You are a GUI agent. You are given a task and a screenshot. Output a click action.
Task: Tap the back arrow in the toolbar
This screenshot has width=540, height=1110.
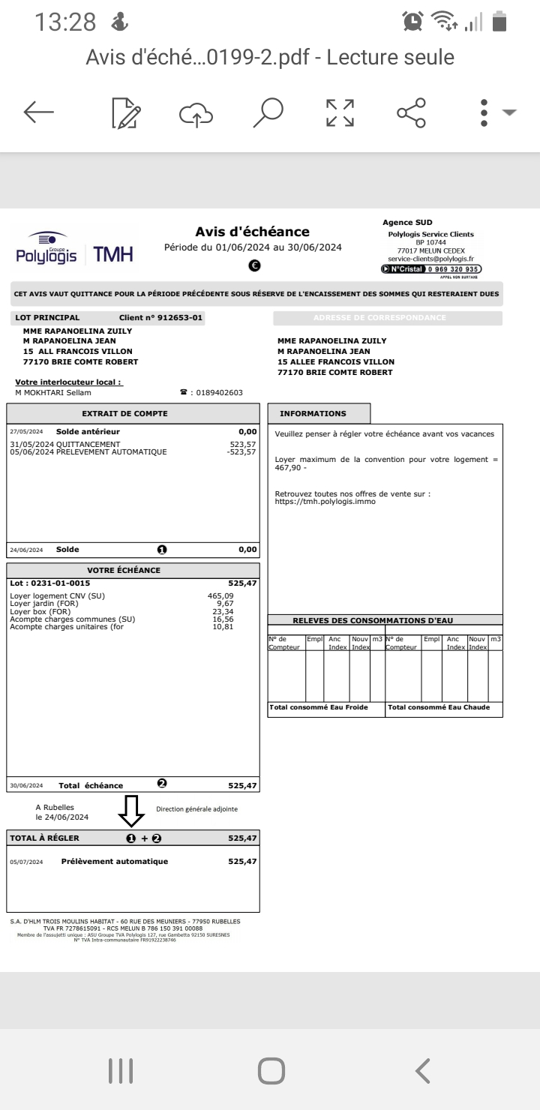coord(39,112)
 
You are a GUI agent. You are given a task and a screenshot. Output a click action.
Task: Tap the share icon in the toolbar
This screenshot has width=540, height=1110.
coord(411,112)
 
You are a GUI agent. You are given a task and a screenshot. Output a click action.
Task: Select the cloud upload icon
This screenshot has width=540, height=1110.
coord(196,112)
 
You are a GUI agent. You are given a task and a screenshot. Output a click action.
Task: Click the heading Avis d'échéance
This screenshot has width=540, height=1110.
coord(252,232)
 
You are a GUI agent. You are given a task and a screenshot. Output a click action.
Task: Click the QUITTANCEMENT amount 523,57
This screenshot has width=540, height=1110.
coord(243,444)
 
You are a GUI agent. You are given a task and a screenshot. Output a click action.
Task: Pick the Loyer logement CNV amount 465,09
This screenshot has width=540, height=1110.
coord(243,595)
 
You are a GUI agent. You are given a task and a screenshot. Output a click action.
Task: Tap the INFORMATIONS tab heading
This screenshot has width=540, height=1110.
coord(313,413)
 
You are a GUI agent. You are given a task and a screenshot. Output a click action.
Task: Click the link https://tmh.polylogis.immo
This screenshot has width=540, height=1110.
coord(325,502)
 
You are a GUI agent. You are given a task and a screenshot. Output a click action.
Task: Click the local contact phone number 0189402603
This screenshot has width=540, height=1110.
coord(219,391)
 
